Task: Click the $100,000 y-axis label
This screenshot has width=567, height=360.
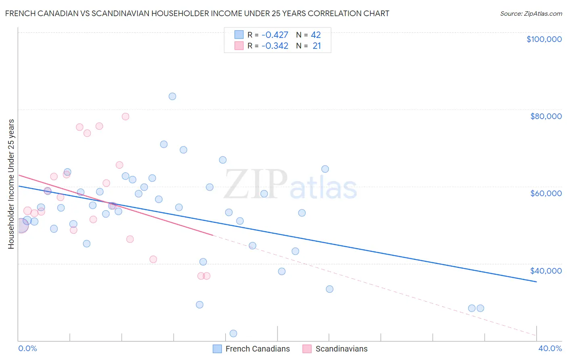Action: coord(544,39)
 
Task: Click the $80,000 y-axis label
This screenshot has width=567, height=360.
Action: coord(546,116)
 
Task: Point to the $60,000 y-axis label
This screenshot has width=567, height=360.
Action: coord(546,193)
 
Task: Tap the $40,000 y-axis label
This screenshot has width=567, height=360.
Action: coord(546,271)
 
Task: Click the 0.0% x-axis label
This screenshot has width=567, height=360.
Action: coord(27,348)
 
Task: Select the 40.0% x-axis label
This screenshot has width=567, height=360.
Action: coord(550,348)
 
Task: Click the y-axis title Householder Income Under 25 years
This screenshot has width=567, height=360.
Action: coord(11,184)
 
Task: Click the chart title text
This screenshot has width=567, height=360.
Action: coord(197,13)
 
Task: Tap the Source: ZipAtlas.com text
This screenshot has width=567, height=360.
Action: coord(531,13)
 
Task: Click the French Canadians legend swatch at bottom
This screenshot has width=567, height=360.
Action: coord(217,349)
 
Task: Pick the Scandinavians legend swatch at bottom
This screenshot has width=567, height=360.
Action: coord(307,349)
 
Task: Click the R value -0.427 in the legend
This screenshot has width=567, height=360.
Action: coord(275,35)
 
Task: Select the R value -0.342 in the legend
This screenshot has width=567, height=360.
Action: coord(275,46)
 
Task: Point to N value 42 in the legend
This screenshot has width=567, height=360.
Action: coord(316,35)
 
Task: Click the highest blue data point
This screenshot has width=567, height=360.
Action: coord(172,96)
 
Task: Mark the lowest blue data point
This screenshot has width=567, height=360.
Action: coord(233,333)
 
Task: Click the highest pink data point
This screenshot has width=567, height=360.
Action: coord(125,117)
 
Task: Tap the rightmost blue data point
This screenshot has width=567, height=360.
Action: coord(480,308)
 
